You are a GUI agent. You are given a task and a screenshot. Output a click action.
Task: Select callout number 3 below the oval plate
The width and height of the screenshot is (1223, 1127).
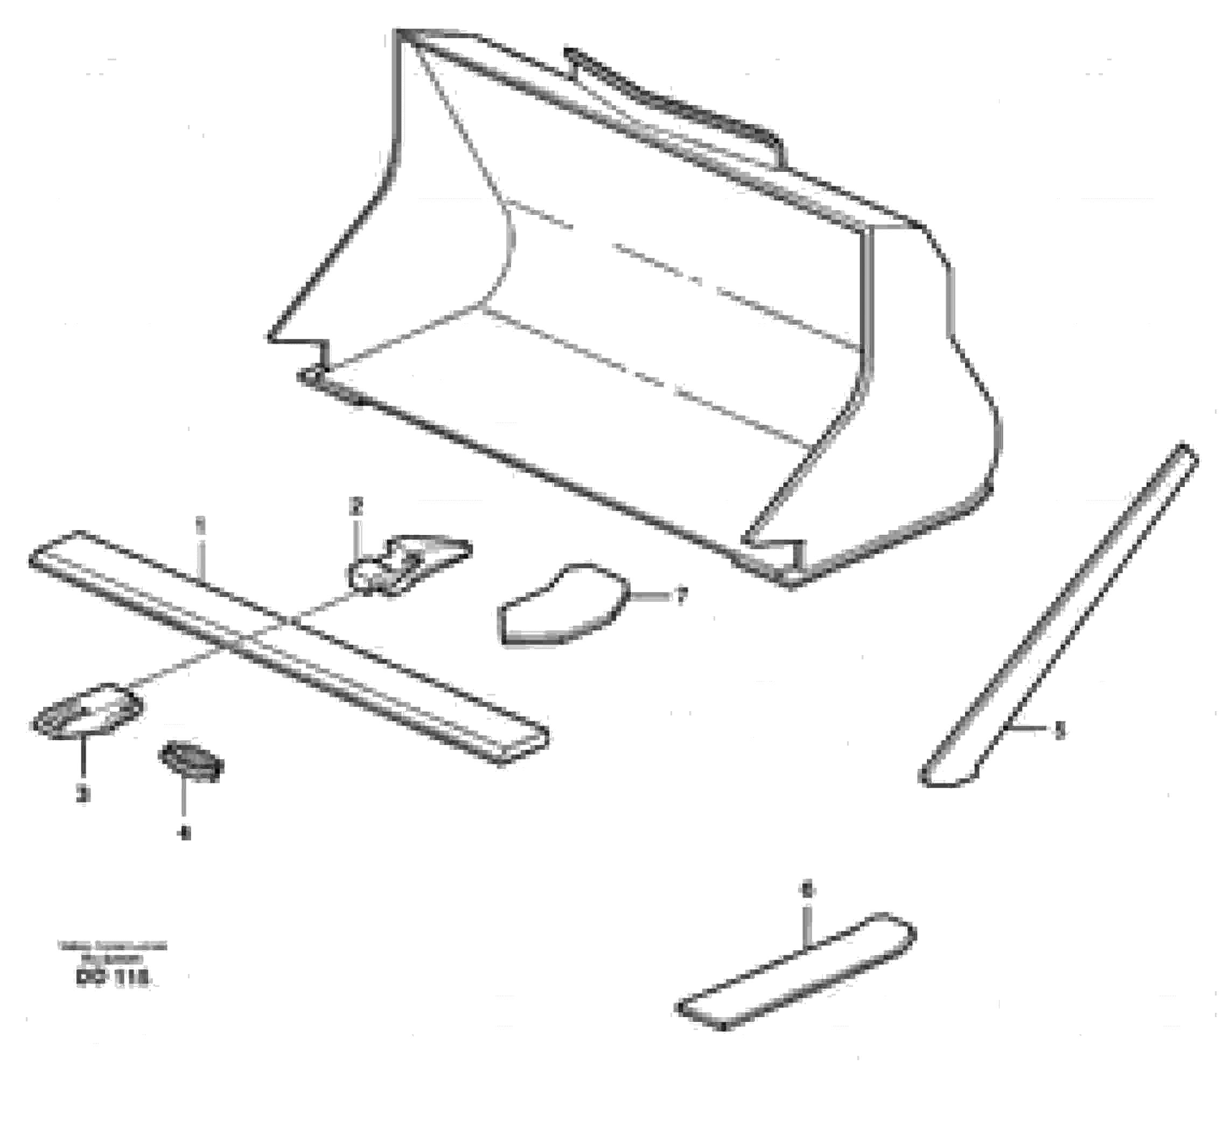click(83, 794)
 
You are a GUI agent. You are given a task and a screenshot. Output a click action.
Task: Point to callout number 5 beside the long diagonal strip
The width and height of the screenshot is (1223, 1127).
click(1060, 729)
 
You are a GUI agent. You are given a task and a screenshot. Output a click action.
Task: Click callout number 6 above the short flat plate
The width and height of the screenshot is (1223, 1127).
click(808, 891)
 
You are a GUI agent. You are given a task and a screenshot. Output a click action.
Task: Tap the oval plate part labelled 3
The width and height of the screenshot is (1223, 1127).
click(88, 710)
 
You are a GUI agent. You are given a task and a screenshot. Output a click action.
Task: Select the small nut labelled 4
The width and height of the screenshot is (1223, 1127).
click(191, 762)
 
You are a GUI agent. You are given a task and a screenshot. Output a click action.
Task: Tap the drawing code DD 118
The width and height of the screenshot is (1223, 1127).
click(113, 978)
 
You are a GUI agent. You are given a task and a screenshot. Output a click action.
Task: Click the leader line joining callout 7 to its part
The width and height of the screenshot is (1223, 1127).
click(649, 596)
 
